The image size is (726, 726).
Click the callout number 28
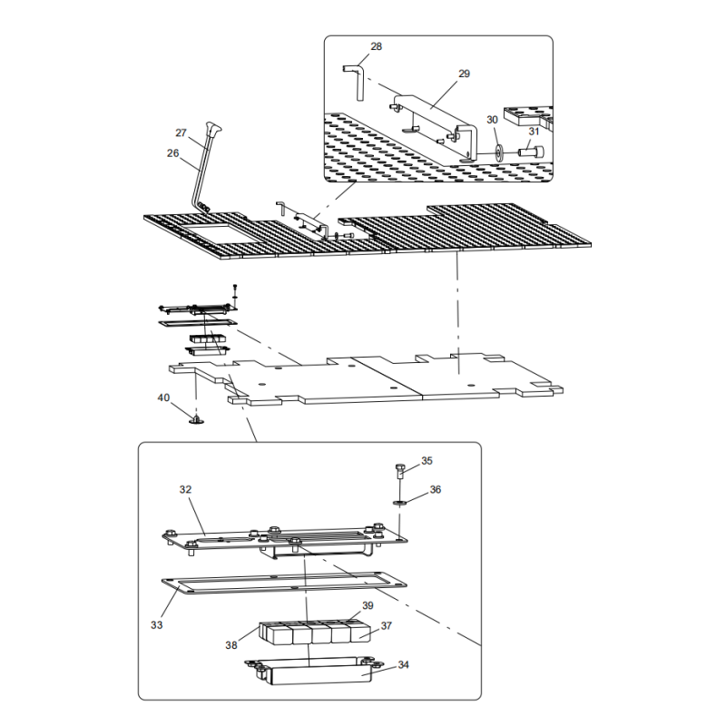click(x=377, y=45)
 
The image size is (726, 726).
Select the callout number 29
click(x=464, y=74)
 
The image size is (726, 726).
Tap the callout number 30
click(x=492, y=119)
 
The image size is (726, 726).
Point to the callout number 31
click(x=535, y=131)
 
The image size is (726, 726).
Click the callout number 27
click(x=181, y=132)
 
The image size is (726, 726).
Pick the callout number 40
click(x=163, y=397)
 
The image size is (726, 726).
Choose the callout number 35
click(x=427, y=461)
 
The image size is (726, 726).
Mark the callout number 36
click(x=436, y=489)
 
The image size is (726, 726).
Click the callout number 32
click(x=185, y=489)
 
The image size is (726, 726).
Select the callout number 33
click(x=157, y=624)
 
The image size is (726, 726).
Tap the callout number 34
click(x=403, y=664)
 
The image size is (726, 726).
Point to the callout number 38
click(x=231, y=645)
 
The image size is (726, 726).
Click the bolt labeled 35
click(x=400, y=471)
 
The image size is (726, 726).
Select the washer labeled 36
click(x=400, y=501)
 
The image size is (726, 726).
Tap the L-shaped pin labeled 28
click(x=356, y=76)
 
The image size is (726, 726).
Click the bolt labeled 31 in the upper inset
click(x=532, y=151)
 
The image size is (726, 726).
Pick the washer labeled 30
click(x=498, y=150)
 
